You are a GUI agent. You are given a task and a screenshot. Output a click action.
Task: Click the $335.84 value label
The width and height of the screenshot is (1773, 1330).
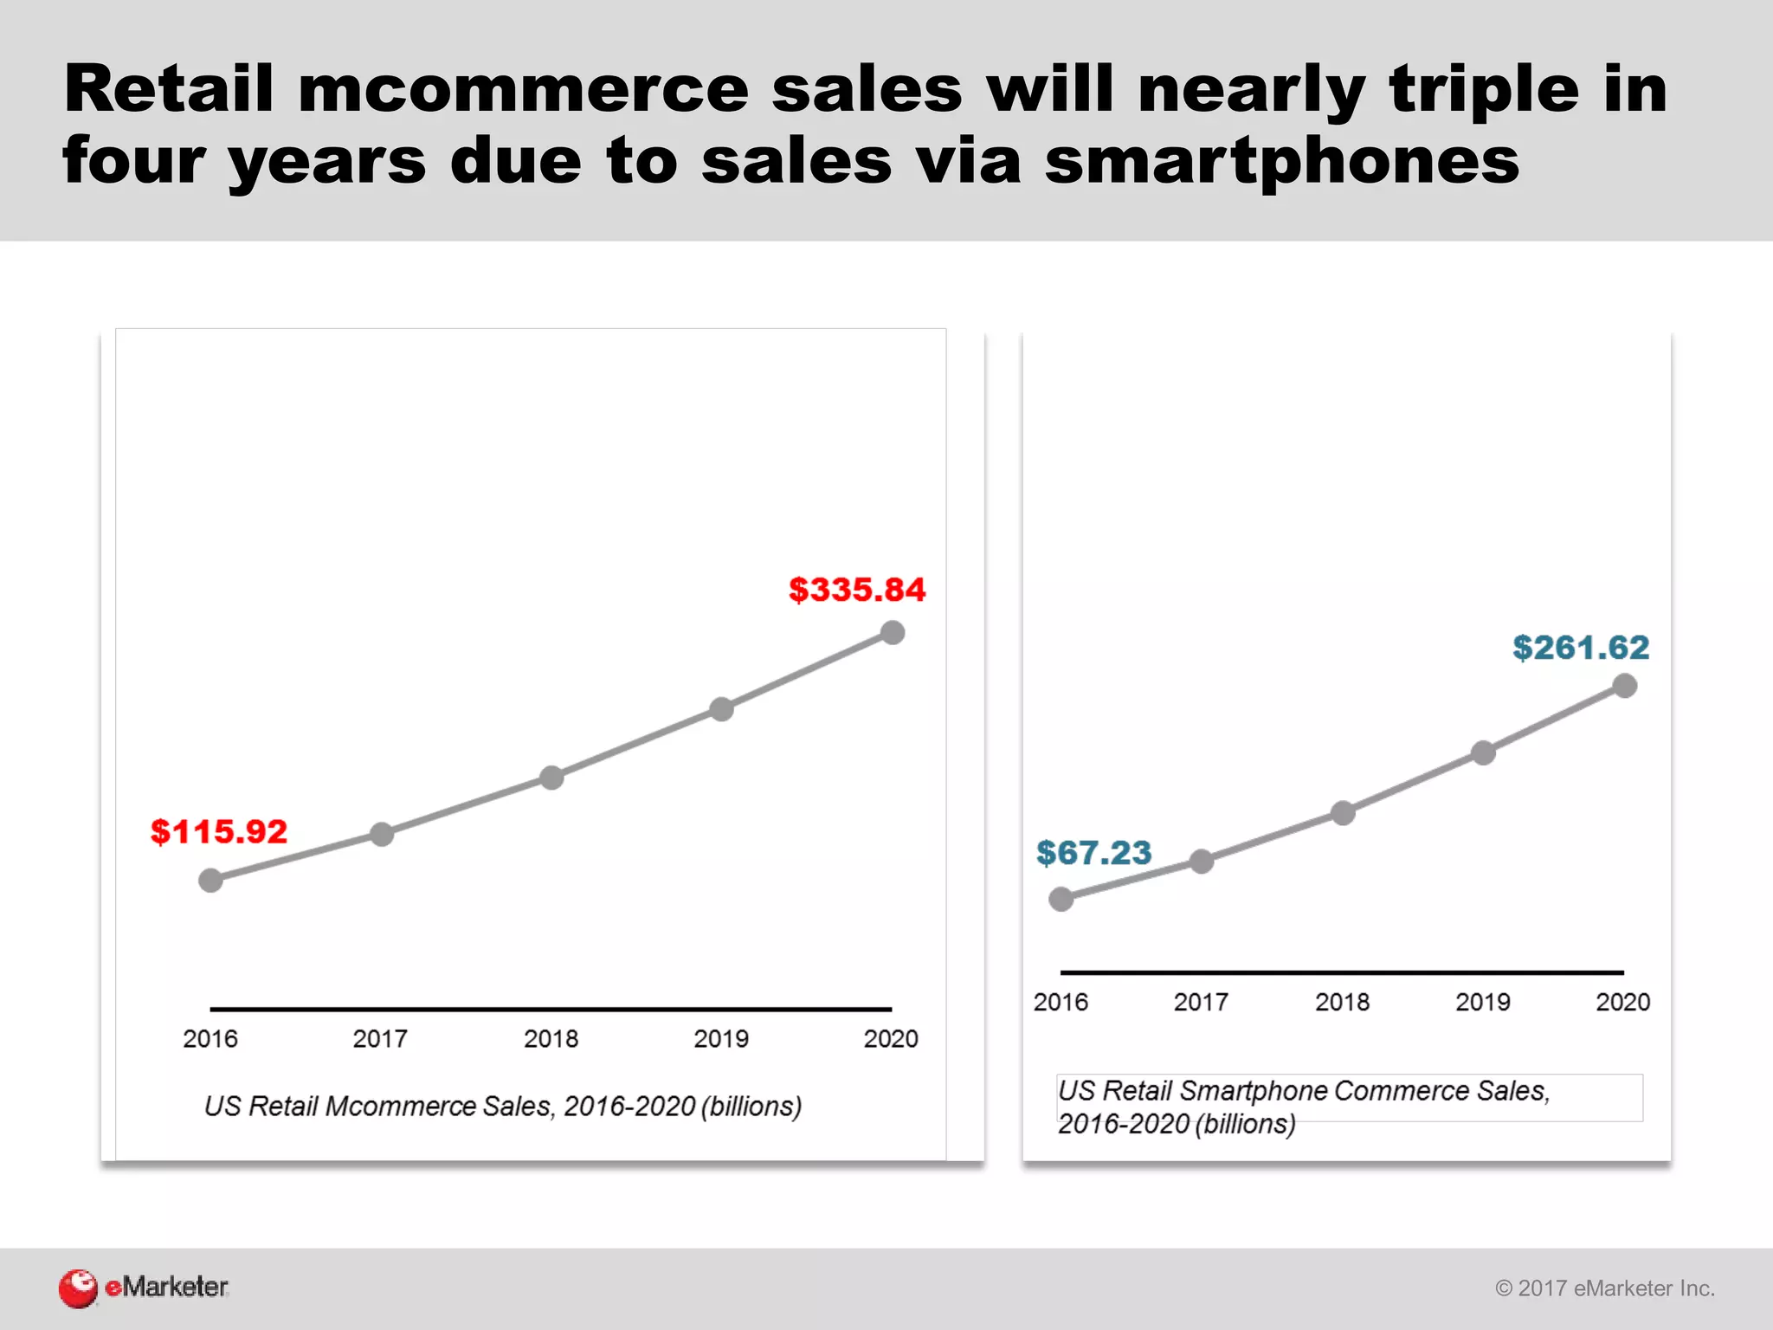pos(857,591)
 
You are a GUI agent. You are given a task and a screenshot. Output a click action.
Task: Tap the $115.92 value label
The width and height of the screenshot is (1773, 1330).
pos(219,832)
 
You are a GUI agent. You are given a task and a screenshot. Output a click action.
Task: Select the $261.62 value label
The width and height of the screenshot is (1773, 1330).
pos(1581,648)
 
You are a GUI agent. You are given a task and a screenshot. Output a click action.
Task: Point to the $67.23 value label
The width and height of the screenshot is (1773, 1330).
pos(1094,853)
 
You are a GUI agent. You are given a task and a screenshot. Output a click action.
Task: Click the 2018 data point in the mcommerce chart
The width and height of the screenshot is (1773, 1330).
pos(551,778)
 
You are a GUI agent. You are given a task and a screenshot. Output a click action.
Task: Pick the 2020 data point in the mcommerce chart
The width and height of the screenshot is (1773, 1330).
pos(893,633)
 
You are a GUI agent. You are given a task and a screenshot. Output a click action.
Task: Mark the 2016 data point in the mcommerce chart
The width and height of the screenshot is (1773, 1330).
pos(210,881)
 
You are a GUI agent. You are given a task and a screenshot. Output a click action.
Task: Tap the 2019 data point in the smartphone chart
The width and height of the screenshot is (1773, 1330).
pos(1484,752)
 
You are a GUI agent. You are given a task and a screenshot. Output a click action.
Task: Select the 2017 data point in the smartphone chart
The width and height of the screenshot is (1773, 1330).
pos(1202,861)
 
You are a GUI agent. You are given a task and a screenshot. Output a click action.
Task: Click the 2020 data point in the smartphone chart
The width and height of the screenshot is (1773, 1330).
pos(1625,686)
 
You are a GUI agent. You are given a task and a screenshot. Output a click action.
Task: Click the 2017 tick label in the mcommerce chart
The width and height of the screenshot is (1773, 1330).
pos(380,1038)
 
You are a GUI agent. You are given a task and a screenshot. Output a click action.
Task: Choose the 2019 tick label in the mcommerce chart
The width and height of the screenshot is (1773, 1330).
pos(721,1038)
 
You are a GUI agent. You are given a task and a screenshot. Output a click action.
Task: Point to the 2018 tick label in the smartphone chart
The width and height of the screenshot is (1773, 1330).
pos(1342,1002)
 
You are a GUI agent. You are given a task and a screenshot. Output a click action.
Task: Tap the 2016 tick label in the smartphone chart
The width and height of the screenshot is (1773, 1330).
pos(1061,1002)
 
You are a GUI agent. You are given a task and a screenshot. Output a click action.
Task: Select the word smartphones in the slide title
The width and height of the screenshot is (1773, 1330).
pos(1281,161)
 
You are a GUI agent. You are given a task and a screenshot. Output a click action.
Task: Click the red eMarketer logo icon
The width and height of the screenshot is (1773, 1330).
pos(78,1288)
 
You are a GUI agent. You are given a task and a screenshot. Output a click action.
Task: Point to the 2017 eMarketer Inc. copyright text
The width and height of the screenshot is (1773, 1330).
pos(1605,1288)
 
